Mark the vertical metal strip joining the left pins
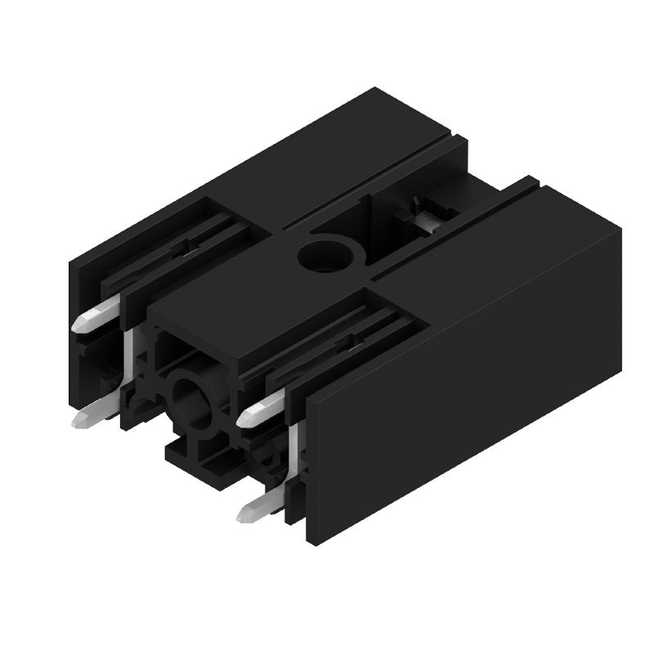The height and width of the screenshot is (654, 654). pos(128,360)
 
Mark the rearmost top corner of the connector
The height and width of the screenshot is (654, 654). pos(375,88)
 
